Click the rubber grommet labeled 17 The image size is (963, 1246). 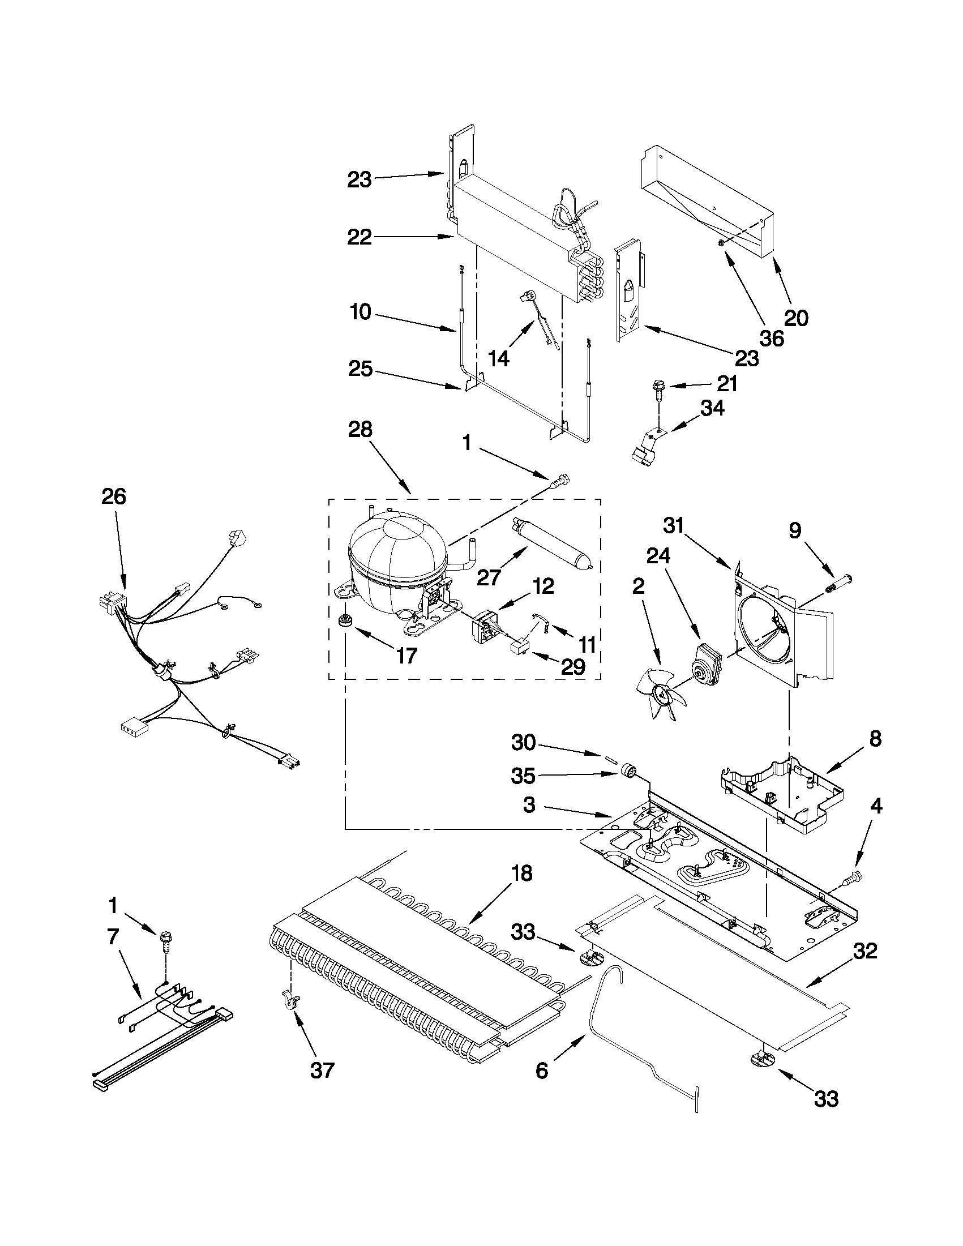(344, 620)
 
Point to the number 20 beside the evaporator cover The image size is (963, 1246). (797, 318)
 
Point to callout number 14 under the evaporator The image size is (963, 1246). (499, 358)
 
